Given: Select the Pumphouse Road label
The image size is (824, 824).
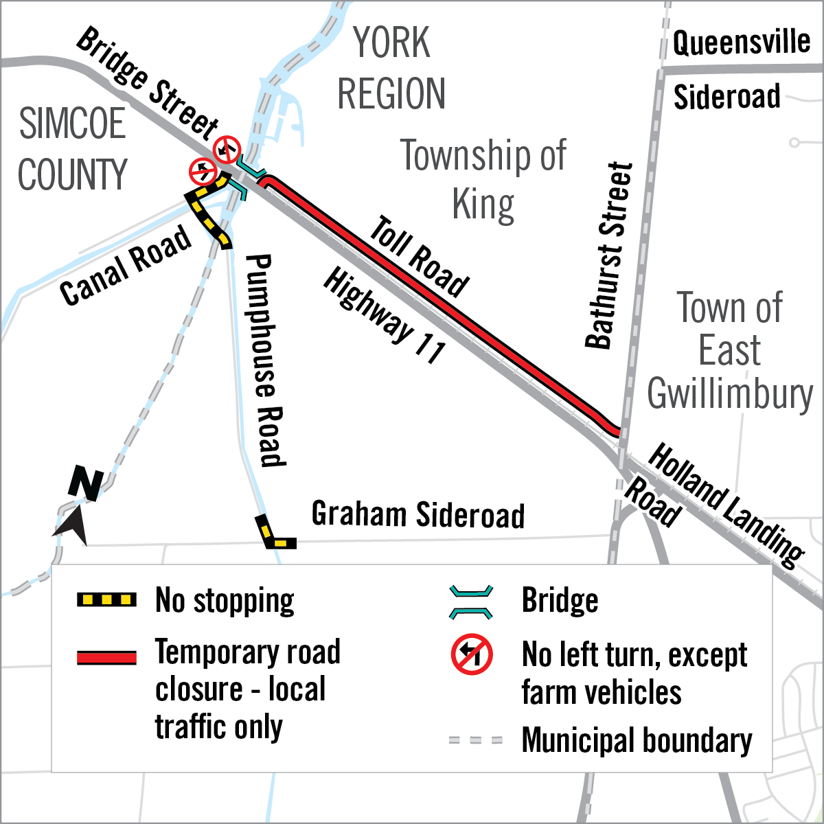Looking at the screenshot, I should (x=265, y=360).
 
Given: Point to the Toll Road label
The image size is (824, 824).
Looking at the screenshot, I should (x=419, y=256).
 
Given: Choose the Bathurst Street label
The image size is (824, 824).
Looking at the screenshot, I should (x=608, y=255).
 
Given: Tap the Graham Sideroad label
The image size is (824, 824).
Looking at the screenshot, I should (x=417, y=514).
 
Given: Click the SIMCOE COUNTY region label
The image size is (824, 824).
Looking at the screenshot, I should (x=73, y=149).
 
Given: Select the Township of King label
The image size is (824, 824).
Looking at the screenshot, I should (x=484, y=180).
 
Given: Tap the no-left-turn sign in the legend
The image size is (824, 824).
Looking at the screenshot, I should (x=472, y=654).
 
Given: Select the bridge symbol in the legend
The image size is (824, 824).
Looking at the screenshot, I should (x=471, y=601).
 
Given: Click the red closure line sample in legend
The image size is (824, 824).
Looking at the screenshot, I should (x=106, y=657).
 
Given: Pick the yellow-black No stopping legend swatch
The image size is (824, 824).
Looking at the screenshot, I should (x=106, y=600).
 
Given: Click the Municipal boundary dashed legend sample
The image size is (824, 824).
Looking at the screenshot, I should (x=475, y=740).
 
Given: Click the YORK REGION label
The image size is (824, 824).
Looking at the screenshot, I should (x=391, y=69).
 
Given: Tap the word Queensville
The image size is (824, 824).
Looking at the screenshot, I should (x=741, y=43).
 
